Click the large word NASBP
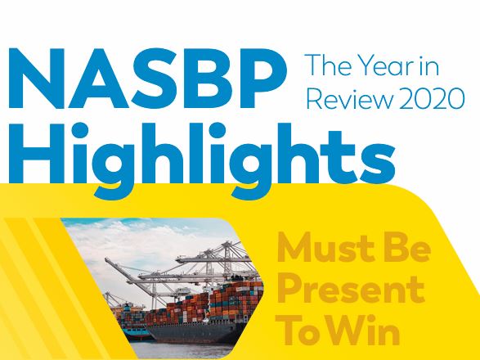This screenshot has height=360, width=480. [148, 79]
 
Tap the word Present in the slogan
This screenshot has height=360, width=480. [351, 289]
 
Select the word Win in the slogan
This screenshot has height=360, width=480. [365, 331]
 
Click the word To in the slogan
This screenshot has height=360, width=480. [301, 331]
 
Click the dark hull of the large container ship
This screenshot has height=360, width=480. [196, 332]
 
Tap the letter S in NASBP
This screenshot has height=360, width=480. [152, 79]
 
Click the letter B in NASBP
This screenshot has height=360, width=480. [209, 79]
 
